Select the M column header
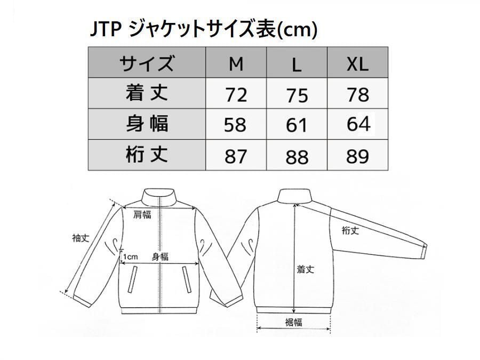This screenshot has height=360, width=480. [236, 63]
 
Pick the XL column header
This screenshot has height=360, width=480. [357, 63]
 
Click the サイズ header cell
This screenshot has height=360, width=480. [147, 63]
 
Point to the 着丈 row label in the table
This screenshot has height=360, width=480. [147, 94]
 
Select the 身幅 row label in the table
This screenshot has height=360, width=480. [147, 124]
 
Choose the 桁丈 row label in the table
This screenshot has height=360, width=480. [147, 155]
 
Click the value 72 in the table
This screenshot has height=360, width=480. [236, 95]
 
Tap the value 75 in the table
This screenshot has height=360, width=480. [297, 95]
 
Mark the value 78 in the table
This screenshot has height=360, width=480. [357, 94]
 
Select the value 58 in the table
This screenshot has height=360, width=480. [236, 125]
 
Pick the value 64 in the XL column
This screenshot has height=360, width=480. [358, 124]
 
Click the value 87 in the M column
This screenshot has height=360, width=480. [236, 156]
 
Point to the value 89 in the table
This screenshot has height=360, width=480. [357, 156]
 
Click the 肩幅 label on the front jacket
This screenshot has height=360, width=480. [142, 214]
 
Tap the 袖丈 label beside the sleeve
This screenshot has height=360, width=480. [81, 238]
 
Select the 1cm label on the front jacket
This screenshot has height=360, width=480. [130, 257]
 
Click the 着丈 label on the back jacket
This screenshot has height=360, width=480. [306, 269]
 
